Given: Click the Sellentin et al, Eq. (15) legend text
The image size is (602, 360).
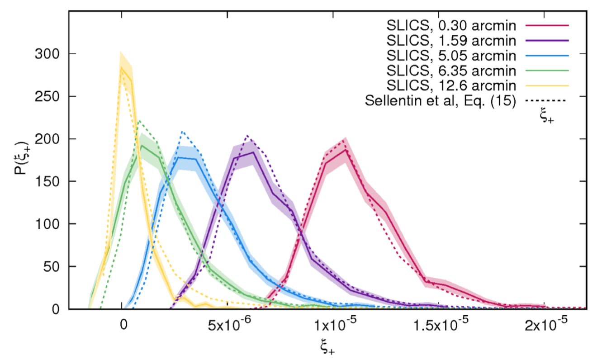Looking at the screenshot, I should point(440,100).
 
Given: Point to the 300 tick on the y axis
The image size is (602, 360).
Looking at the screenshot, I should point(47,54).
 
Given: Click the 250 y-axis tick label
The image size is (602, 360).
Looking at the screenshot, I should point(47,96).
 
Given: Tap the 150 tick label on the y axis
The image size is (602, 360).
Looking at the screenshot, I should point(47,181).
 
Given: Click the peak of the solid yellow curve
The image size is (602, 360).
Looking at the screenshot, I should point(122,67).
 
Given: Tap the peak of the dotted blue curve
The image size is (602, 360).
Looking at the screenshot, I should point(182,132).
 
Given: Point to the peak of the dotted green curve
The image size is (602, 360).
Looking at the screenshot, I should point(139,121).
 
